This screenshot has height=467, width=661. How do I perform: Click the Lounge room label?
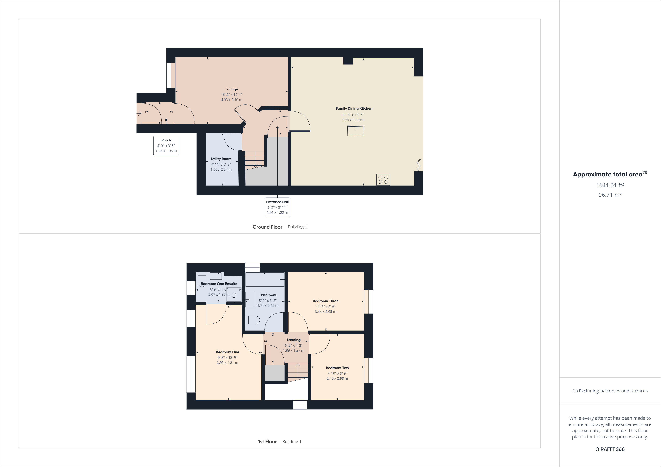[231, 89]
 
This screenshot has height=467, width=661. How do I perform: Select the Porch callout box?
[166, 146]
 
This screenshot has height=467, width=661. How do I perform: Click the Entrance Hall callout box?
[277, 207]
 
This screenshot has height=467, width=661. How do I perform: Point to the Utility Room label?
[221, 159]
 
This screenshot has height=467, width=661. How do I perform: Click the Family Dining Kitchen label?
[354, 108]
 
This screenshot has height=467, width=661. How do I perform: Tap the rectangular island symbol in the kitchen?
[356, 131]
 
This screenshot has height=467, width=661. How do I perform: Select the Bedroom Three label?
[325, 301]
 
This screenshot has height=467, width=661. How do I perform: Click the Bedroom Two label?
[337, 368]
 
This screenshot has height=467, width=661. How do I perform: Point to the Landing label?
[293, 340]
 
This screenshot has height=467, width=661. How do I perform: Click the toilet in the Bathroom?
[252, 320]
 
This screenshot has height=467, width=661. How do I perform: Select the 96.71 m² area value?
[610, 195]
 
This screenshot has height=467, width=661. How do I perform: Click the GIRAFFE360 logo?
[610, 449]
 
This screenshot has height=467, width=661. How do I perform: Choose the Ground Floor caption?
[267, 227]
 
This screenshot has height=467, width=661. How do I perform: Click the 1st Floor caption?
[267, 442]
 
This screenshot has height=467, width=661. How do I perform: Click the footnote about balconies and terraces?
[610, 391]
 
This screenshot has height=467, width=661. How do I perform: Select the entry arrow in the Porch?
[139, 113]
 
